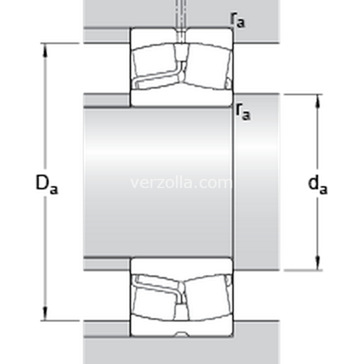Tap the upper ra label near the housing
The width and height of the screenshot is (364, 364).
point(237,20)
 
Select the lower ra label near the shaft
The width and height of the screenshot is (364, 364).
point(243,112)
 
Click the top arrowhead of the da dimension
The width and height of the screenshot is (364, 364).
point(318,102)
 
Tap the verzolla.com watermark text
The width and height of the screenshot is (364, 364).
point(181,183)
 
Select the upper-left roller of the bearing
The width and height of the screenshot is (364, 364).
point(154,62)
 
